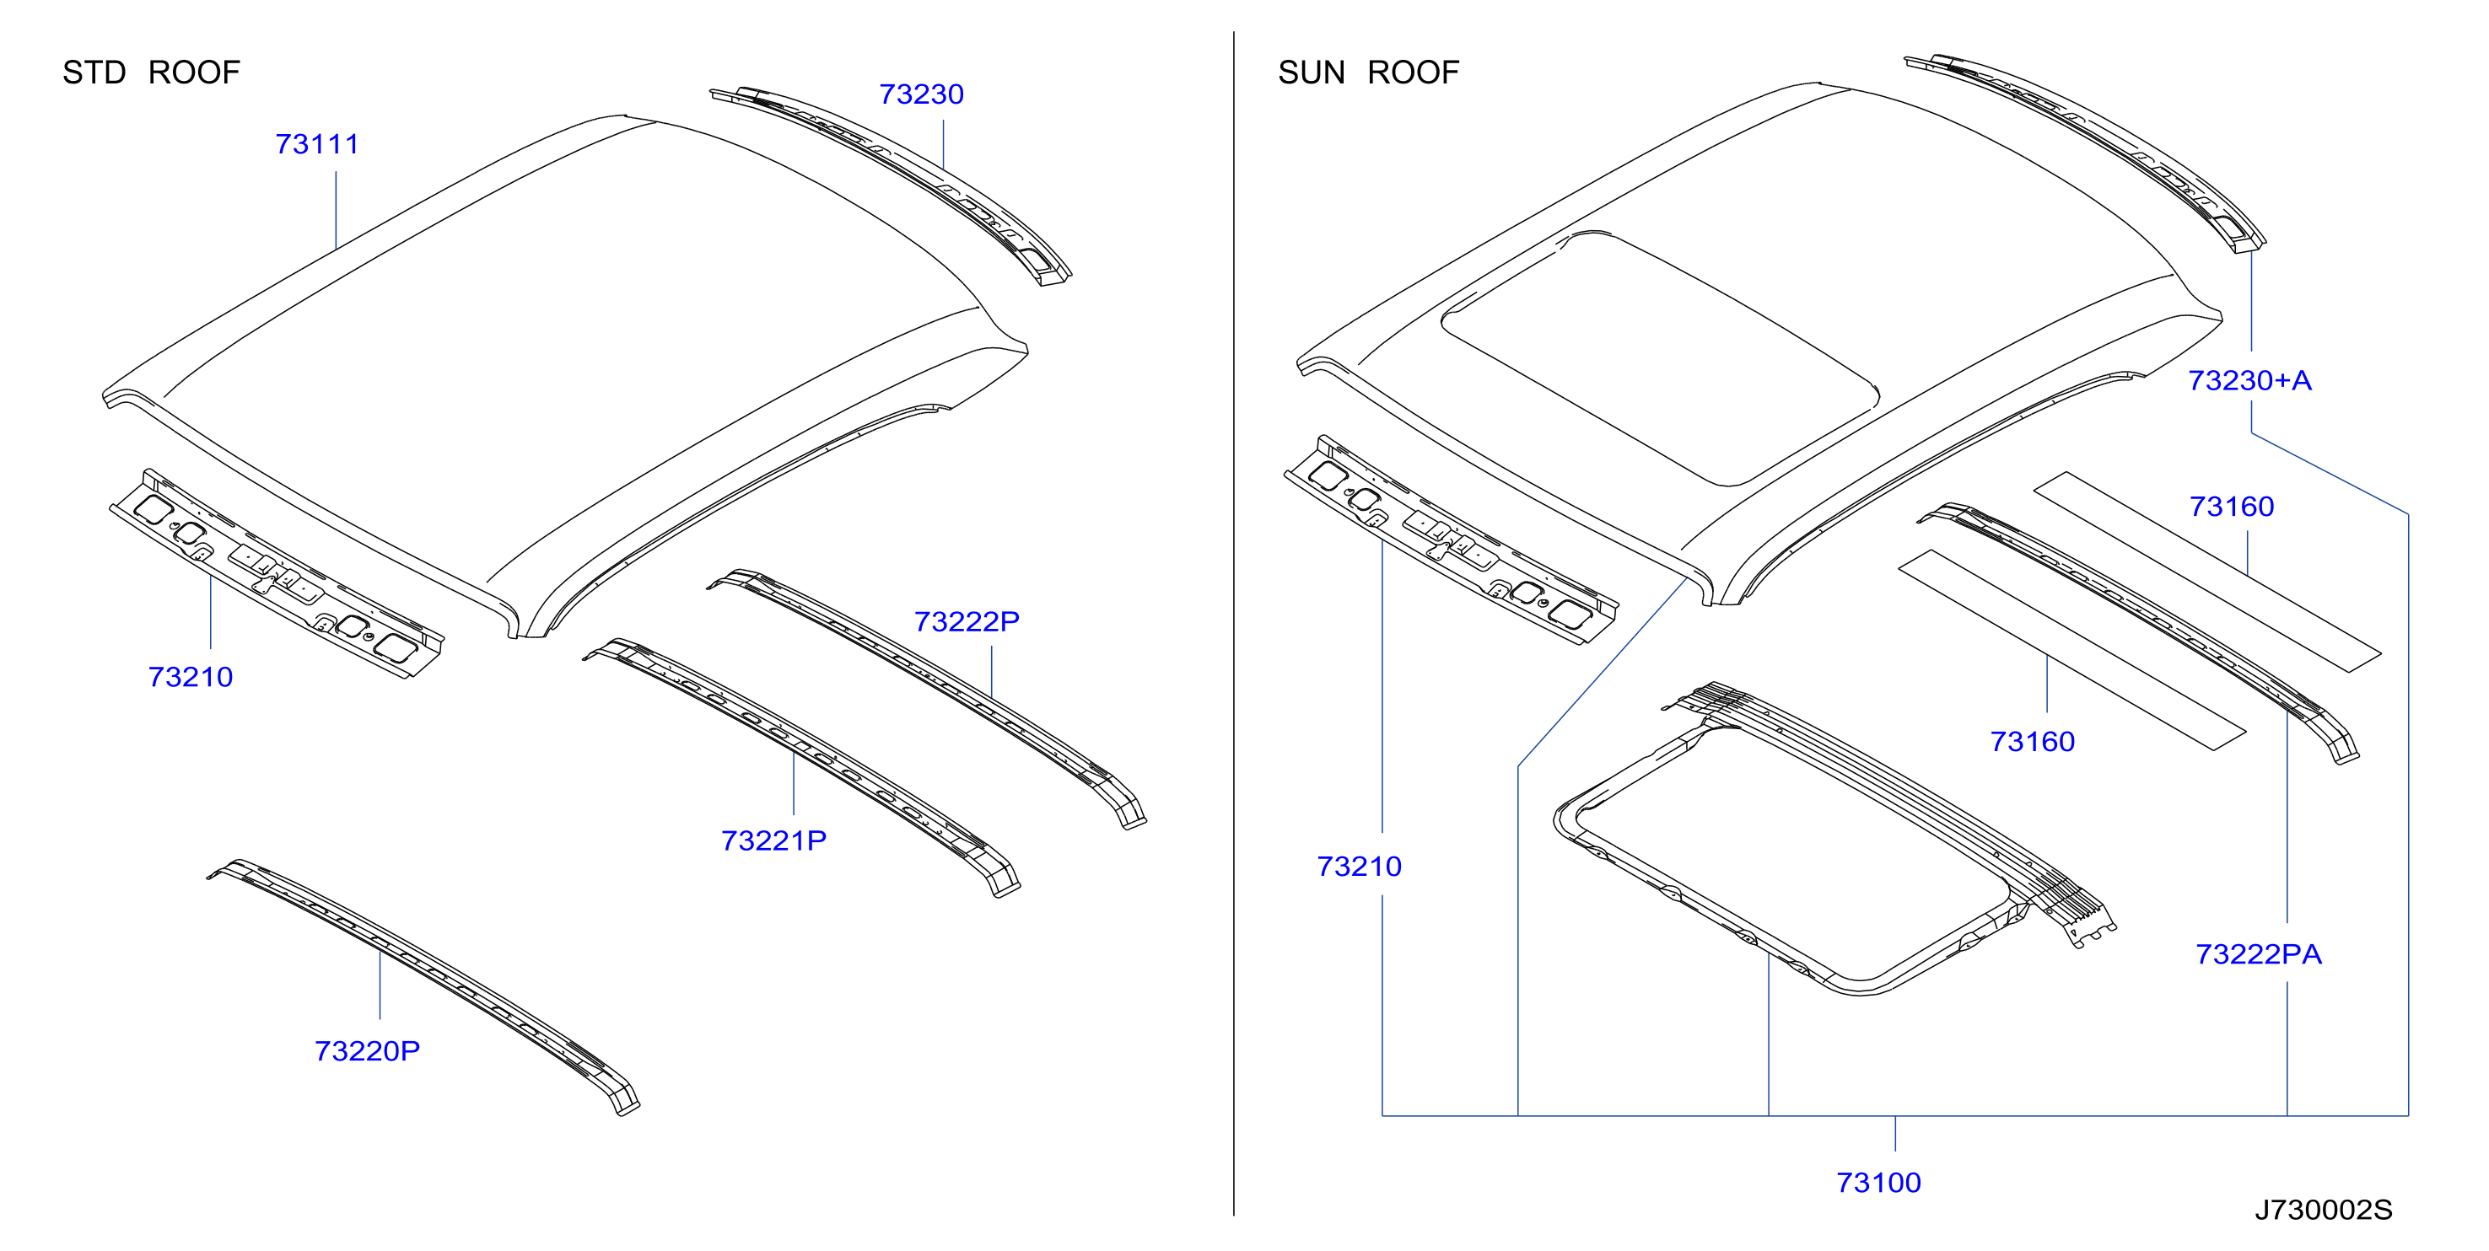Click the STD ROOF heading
(x=151, y=72)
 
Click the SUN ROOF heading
(x=1368, y=72)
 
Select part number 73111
(x=317, y=144)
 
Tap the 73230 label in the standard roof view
(x=921, y=94)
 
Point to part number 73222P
(x=967, y=621)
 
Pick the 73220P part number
(x=367, y=1051)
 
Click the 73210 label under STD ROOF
(x=191, y=677)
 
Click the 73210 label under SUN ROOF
(x=1359, y=867)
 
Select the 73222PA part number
(x=2258, y=954)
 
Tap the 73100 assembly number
(x=1878, y=1183)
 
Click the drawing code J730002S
(x=2324, y=1210)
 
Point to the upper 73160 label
(x=2231, y=506)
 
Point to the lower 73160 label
(x=2032, y=742)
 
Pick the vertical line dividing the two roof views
(x=1234, y=623)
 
